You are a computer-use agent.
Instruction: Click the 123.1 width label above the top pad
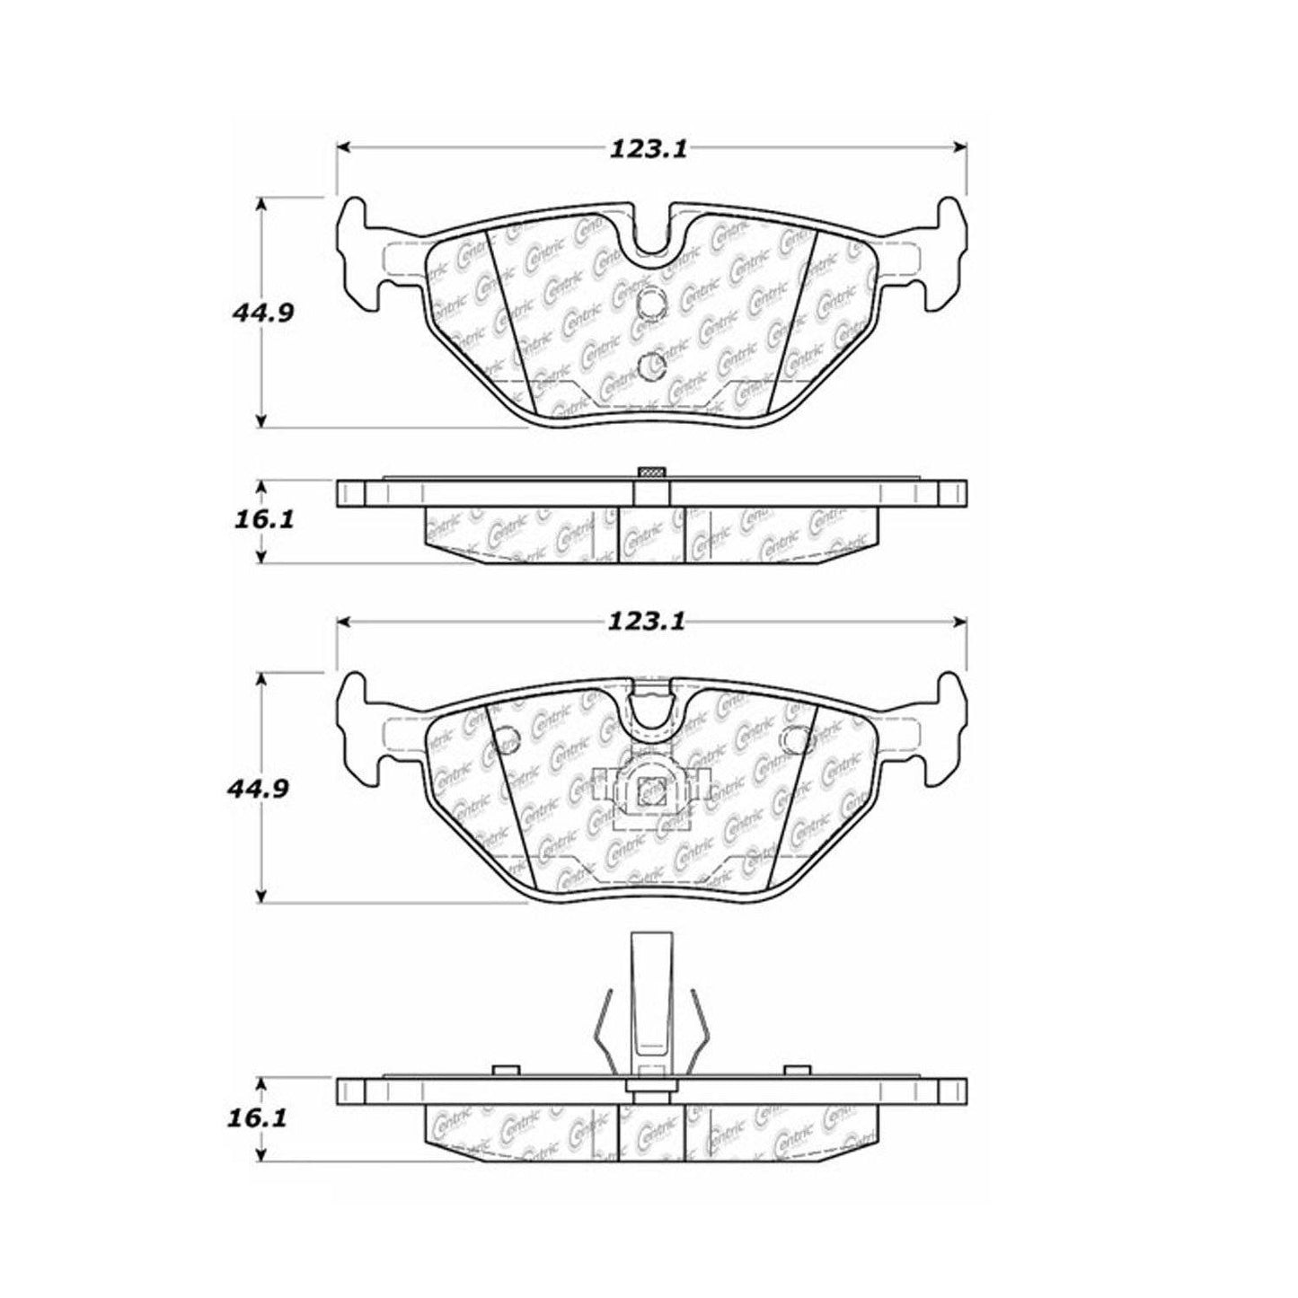coord(649,149)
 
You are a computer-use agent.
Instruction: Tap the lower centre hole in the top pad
coord(651,364)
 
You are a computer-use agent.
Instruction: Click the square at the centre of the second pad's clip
coord(651,791)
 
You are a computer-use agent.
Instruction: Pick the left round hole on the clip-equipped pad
coord(508,738)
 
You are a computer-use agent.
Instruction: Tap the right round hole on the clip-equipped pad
coord(797,738)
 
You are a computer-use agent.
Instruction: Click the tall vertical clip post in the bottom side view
coord(651,997)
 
